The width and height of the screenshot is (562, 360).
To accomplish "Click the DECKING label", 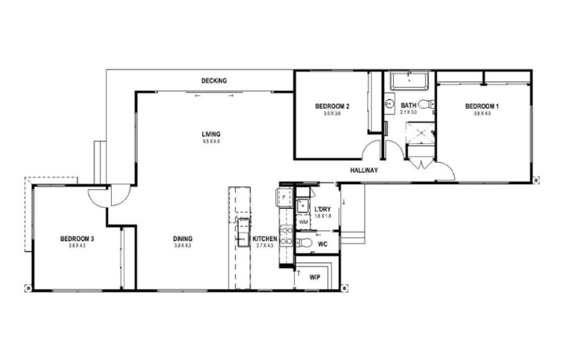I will point(215,80).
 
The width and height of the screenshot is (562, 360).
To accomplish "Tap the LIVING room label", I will point(212,134).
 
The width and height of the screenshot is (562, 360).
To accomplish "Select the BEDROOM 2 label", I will point(332,107).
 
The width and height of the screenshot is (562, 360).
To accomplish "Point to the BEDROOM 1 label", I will point(482,107).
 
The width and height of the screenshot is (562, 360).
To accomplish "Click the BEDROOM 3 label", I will point(77,238).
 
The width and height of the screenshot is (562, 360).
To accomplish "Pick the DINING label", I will point(182,238).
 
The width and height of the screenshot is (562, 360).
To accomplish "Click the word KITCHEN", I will point(264,239).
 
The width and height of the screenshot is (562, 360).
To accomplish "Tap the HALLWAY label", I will point(363,170).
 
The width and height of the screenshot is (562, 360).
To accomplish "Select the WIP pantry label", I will point(315,277).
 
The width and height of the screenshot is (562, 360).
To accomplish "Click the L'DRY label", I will point(323,209).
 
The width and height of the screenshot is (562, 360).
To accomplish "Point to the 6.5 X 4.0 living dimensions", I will point(212,142).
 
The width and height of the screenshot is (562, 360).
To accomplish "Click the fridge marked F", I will point(283,196).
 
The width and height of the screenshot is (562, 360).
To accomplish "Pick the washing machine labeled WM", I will point(303,221).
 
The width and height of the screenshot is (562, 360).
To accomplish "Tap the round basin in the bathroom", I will point(390,104).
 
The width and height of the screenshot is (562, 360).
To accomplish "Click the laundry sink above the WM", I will point(303,204).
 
